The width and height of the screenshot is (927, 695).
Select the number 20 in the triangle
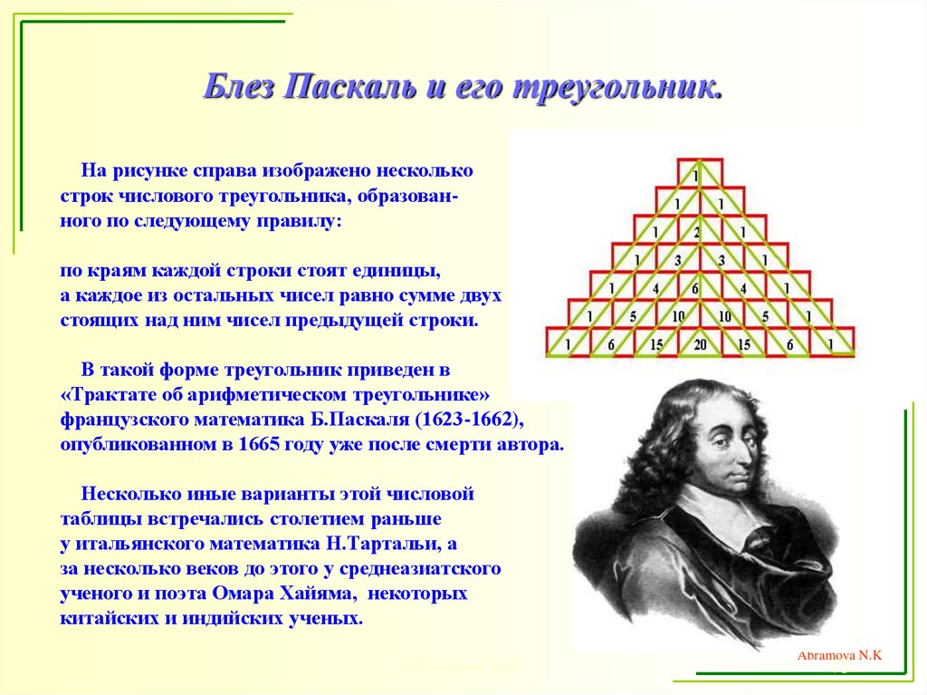(x=700, y=344)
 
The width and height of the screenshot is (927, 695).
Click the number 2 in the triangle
(x=698, y=233)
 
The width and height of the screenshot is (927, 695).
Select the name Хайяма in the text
(x=324, y=594)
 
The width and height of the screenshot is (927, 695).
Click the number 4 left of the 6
(x=655, y=289)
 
